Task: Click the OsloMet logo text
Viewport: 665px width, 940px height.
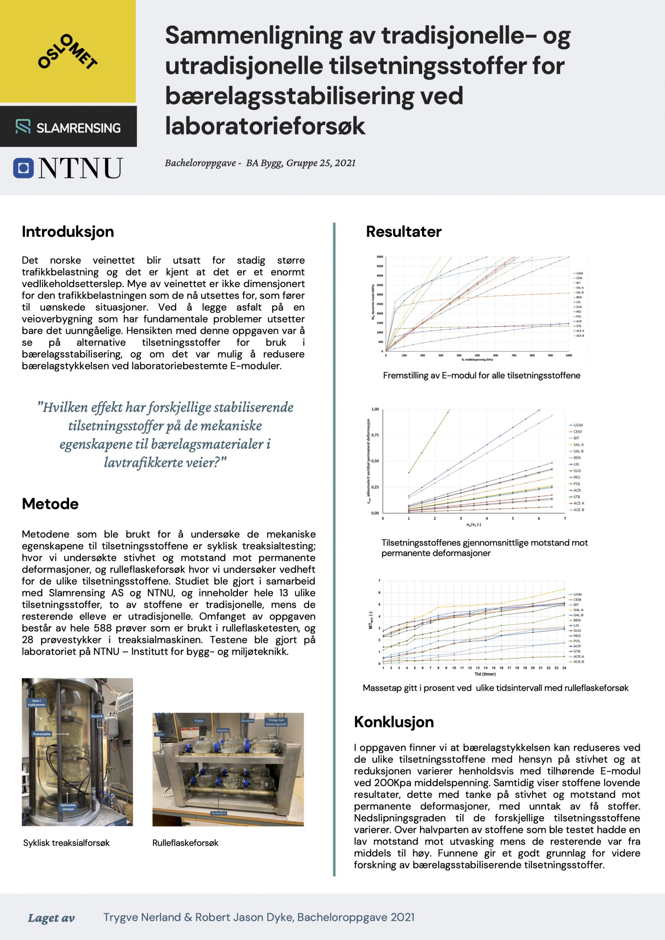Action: pos(68,51)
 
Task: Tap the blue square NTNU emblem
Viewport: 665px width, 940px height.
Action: pos(24,168)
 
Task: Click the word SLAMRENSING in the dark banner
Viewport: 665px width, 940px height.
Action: pos(78,128)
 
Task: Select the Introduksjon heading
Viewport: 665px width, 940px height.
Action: pos(68,232)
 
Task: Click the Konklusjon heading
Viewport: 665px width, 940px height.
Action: pos(394,722)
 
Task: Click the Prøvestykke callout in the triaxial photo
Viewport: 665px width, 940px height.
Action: pos(42,734)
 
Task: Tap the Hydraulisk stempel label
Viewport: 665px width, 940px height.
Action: pos(68,807)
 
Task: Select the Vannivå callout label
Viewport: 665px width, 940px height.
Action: pos(97,716)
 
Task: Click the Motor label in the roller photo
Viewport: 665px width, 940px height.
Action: pos(160,734)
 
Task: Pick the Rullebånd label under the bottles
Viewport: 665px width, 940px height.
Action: pos(219,813)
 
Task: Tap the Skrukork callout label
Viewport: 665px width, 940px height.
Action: pos(248,720)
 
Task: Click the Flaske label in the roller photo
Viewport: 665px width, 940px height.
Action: pos(199,720)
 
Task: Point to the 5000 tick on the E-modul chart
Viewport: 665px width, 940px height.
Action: pos(380,257)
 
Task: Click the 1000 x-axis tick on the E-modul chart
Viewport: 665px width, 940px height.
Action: pos(569,355)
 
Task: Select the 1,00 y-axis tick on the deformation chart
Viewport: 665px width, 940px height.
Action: pos(375,409)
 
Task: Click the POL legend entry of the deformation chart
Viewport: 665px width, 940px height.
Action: pos(577,484)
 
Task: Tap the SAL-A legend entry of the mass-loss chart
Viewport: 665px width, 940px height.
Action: pos(578,610)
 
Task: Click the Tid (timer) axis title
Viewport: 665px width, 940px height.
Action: pos(485,674)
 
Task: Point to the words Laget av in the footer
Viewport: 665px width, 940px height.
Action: pos(51,918)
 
